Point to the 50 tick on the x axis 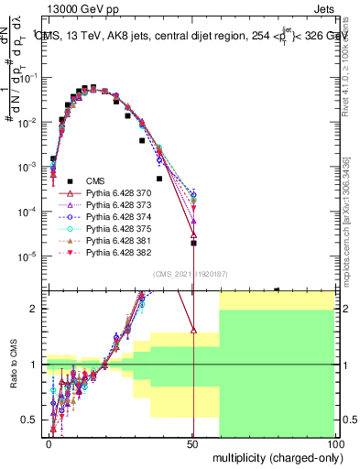pos(193,444)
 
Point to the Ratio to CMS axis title pos(13,365)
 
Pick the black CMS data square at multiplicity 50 pos(193,243)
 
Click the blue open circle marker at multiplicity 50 pos(193,195)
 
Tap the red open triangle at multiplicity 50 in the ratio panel pos(193,330)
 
